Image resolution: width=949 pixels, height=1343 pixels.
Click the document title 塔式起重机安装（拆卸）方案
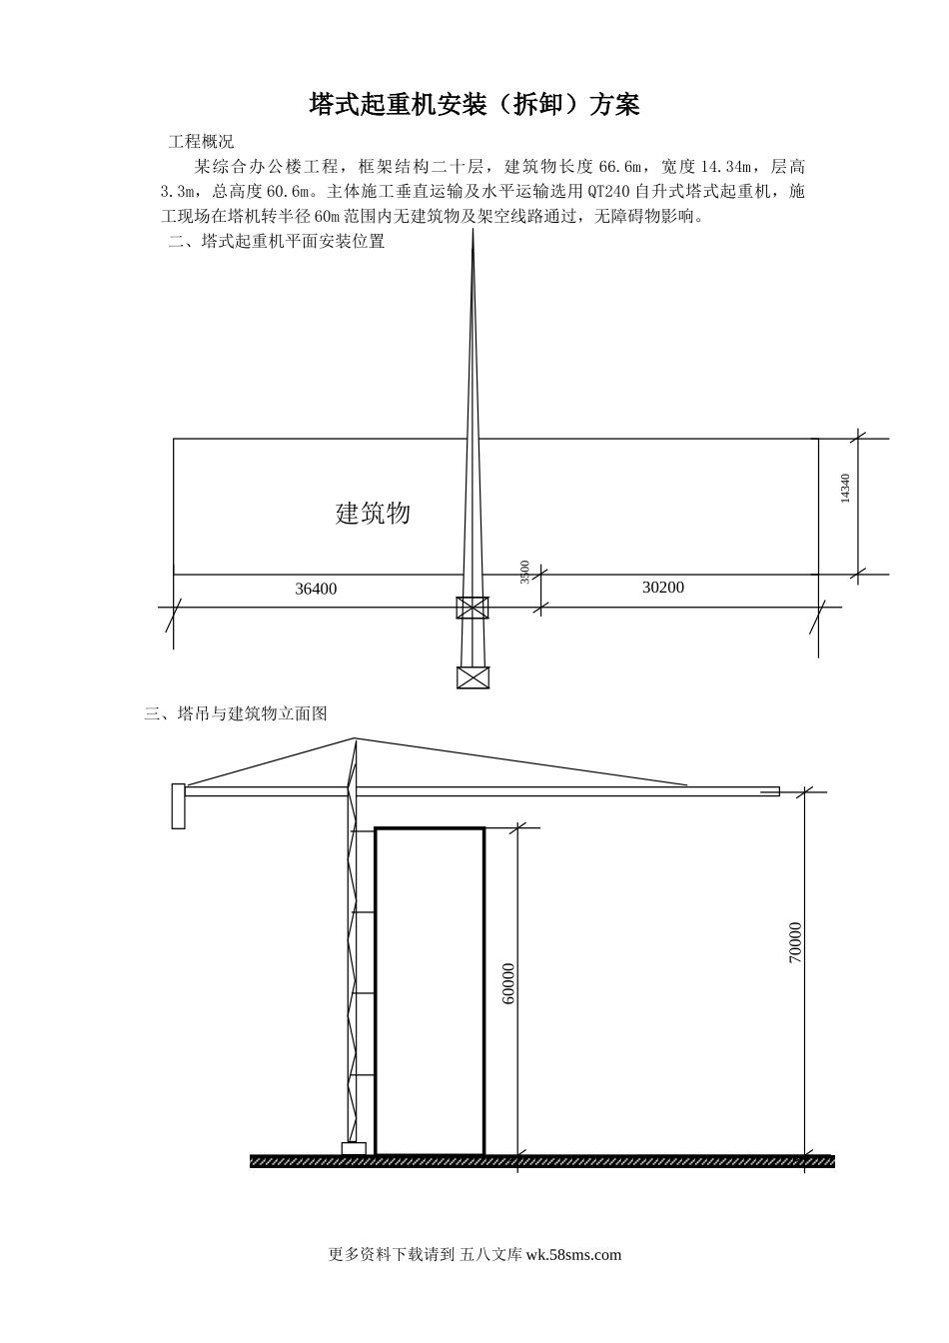pos(474,105)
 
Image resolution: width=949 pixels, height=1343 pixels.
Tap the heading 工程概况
pos(201,141)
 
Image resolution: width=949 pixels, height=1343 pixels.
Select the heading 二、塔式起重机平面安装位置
pos(277,241)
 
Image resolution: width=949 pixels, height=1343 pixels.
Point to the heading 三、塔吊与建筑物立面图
pos(236,713)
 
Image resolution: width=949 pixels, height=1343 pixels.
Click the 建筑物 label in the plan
pos(373,514)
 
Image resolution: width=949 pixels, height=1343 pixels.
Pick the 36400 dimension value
pos(316,589)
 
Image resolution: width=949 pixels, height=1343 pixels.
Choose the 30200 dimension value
pos(662,587)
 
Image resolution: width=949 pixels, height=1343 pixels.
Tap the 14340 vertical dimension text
pos(845,489)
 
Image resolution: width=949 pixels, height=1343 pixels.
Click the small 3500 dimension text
pos(525,573)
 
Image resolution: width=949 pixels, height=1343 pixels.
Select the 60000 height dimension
pos(508,983)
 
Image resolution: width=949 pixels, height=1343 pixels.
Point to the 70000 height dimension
pos(795,942)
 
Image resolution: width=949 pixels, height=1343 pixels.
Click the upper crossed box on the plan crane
pos(473,608)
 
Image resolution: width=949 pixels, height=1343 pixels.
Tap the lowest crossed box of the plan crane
pos(473,677)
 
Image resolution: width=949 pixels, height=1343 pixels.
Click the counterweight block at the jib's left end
pos(179,805)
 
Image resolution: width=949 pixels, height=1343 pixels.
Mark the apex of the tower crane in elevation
pos(356,738)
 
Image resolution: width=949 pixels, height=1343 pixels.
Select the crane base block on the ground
pos(354,1149)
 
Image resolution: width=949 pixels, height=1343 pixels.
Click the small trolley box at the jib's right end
pos(769,791)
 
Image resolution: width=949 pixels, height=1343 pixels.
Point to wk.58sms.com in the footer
pos(572,1255)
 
